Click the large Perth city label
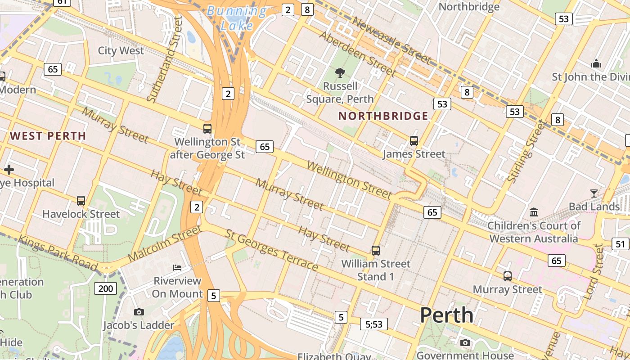[446, 315]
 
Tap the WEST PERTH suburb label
[48, 136]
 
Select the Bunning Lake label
[237, 18]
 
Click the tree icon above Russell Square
[340, 72]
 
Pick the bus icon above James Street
[414, 141]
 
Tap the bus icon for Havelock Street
[81, 201]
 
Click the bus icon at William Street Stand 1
[376, 251]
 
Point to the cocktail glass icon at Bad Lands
[594, 193]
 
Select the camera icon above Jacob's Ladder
[139, 312]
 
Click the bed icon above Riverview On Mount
[177, 268]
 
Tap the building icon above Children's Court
[534, 212]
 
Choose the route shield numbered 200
[105, 288]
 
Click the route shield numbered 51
[621, 244]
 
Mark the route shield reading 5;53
[373, 324]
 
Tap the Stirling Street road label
[526, 151]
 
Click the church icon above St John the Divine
[596, 63]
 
